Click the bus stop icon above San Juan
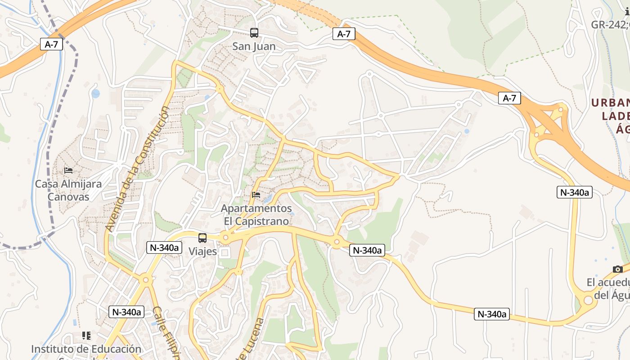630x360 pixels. tap(254, 32)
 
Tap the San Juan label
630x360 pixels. tap(254, 46)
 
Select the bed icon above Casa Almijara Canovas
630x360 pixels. tap(68, 170)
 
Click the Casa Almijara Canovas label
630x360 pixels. tap(68, 190)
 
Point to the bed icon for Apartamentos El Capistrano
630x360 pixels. tap(256, 195)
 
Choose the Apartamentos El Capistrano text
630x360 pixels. tap(256, 215)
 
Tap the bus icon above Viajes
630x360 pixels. tap(202, 238)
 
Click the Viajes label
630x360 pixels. tap(202, 252)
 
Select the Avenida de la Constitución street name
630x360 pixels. tap(138, 169)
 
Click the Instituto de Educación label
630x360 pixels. tap(86, 349)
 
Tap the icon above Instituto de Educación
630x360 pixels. tap(86, 335)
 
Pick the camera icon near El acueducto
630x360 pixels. tap(618, 269)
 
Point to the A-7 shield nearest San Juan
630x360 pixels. tap(344, 34)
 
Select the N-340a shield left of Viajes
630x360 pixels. tap(164, 247)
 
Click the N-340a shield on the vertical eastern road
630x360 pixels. tap(575, 192)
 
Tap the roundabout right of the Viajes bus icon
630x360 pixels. tap(226, 237)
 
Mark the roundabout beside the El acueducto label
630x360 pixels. tap(588, 301)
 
